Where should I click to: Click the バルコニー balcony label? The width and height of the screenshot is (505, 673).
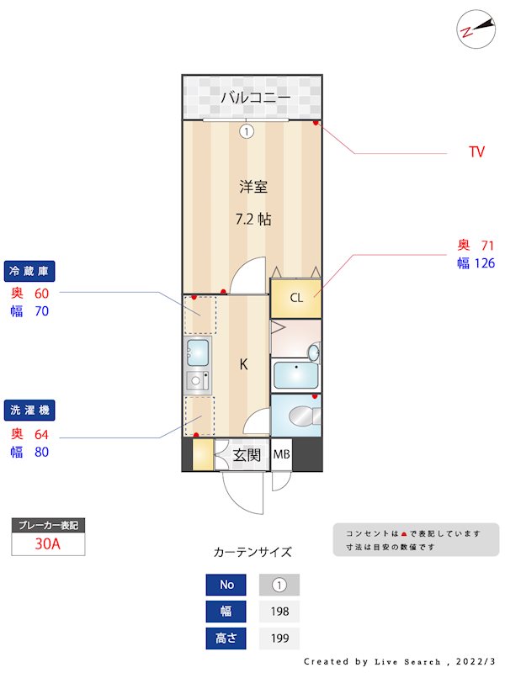pos(255,98)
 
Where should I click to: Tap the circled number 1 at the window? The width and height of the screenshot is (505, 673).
pos(247,131)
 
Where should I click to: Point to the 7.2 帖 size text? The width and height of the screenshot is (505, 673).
pos(252,219)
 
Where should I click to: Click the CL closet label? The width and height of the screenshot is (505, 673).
pos(296,298)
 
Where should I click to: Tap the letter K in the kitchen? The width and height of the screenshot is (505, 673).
pos(243,364)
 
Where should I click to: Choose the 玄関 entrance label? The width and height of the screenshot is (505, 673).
pos(247,456)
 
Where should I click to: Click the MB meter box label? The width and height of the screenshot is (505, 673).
pos(281,456)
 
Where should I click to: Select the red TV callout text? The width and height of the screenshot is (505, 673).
pos(476,152)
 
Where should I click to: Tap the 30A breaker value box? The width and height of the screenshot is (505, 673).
pos(48,544)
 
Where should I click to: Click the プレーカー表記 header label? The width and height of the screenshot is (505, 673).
pos(48,526)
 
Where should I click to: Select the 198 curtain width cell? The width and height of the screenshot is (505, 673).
pos(279,612)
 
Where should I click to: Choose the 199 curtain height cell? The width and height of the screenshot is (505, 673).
pos(279,639)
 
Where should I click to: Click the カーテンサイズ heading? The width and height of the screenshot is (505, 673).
pos(252,552)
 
